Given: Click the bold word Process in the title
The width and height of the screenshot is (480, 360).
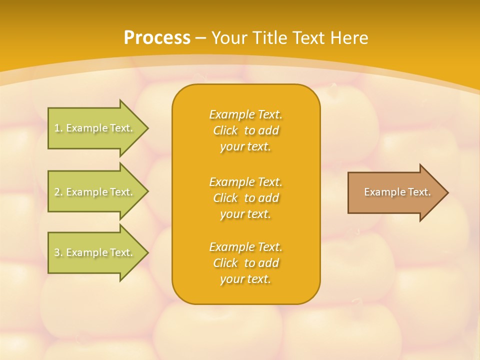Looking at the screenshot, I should tap(157, 38).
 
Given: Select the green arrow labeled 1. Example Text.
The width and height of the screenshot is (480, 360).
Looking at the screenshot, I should tap(95, 128).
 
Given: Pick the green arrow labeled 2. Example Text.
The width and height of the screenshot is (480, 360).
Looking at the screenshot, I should tap(95, 192).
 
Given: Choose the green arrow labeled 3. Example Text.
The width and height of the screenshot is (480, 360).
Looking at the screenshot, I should tap(95, 252).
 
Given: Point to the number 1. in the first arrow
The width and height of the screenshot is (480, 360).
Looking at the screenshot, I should tap(58, 128).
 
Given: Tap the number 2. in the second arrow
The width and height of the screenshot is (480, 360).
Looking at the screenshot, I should tap(58, 192).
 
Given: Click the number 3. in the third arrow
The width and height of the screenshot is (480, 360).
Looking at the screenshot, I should tap(58, 252).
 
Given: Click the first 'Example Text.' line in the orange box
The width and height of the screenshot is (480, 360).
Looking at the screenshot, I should tap(245, 114).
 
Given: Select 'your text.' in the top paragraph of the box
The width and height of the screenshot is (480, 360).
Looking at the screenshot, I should tap(245, 147).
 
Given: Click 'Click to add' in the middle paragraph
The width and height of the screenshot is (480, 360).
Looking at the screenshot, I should tap(245, 198).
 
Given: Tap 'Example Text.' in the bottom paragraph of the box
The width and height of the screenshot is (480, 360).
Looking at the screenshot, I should tap(245, 247).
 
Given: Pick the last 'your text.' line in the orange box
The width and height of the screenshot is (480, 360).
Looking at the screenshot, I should tap(245, 279).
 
